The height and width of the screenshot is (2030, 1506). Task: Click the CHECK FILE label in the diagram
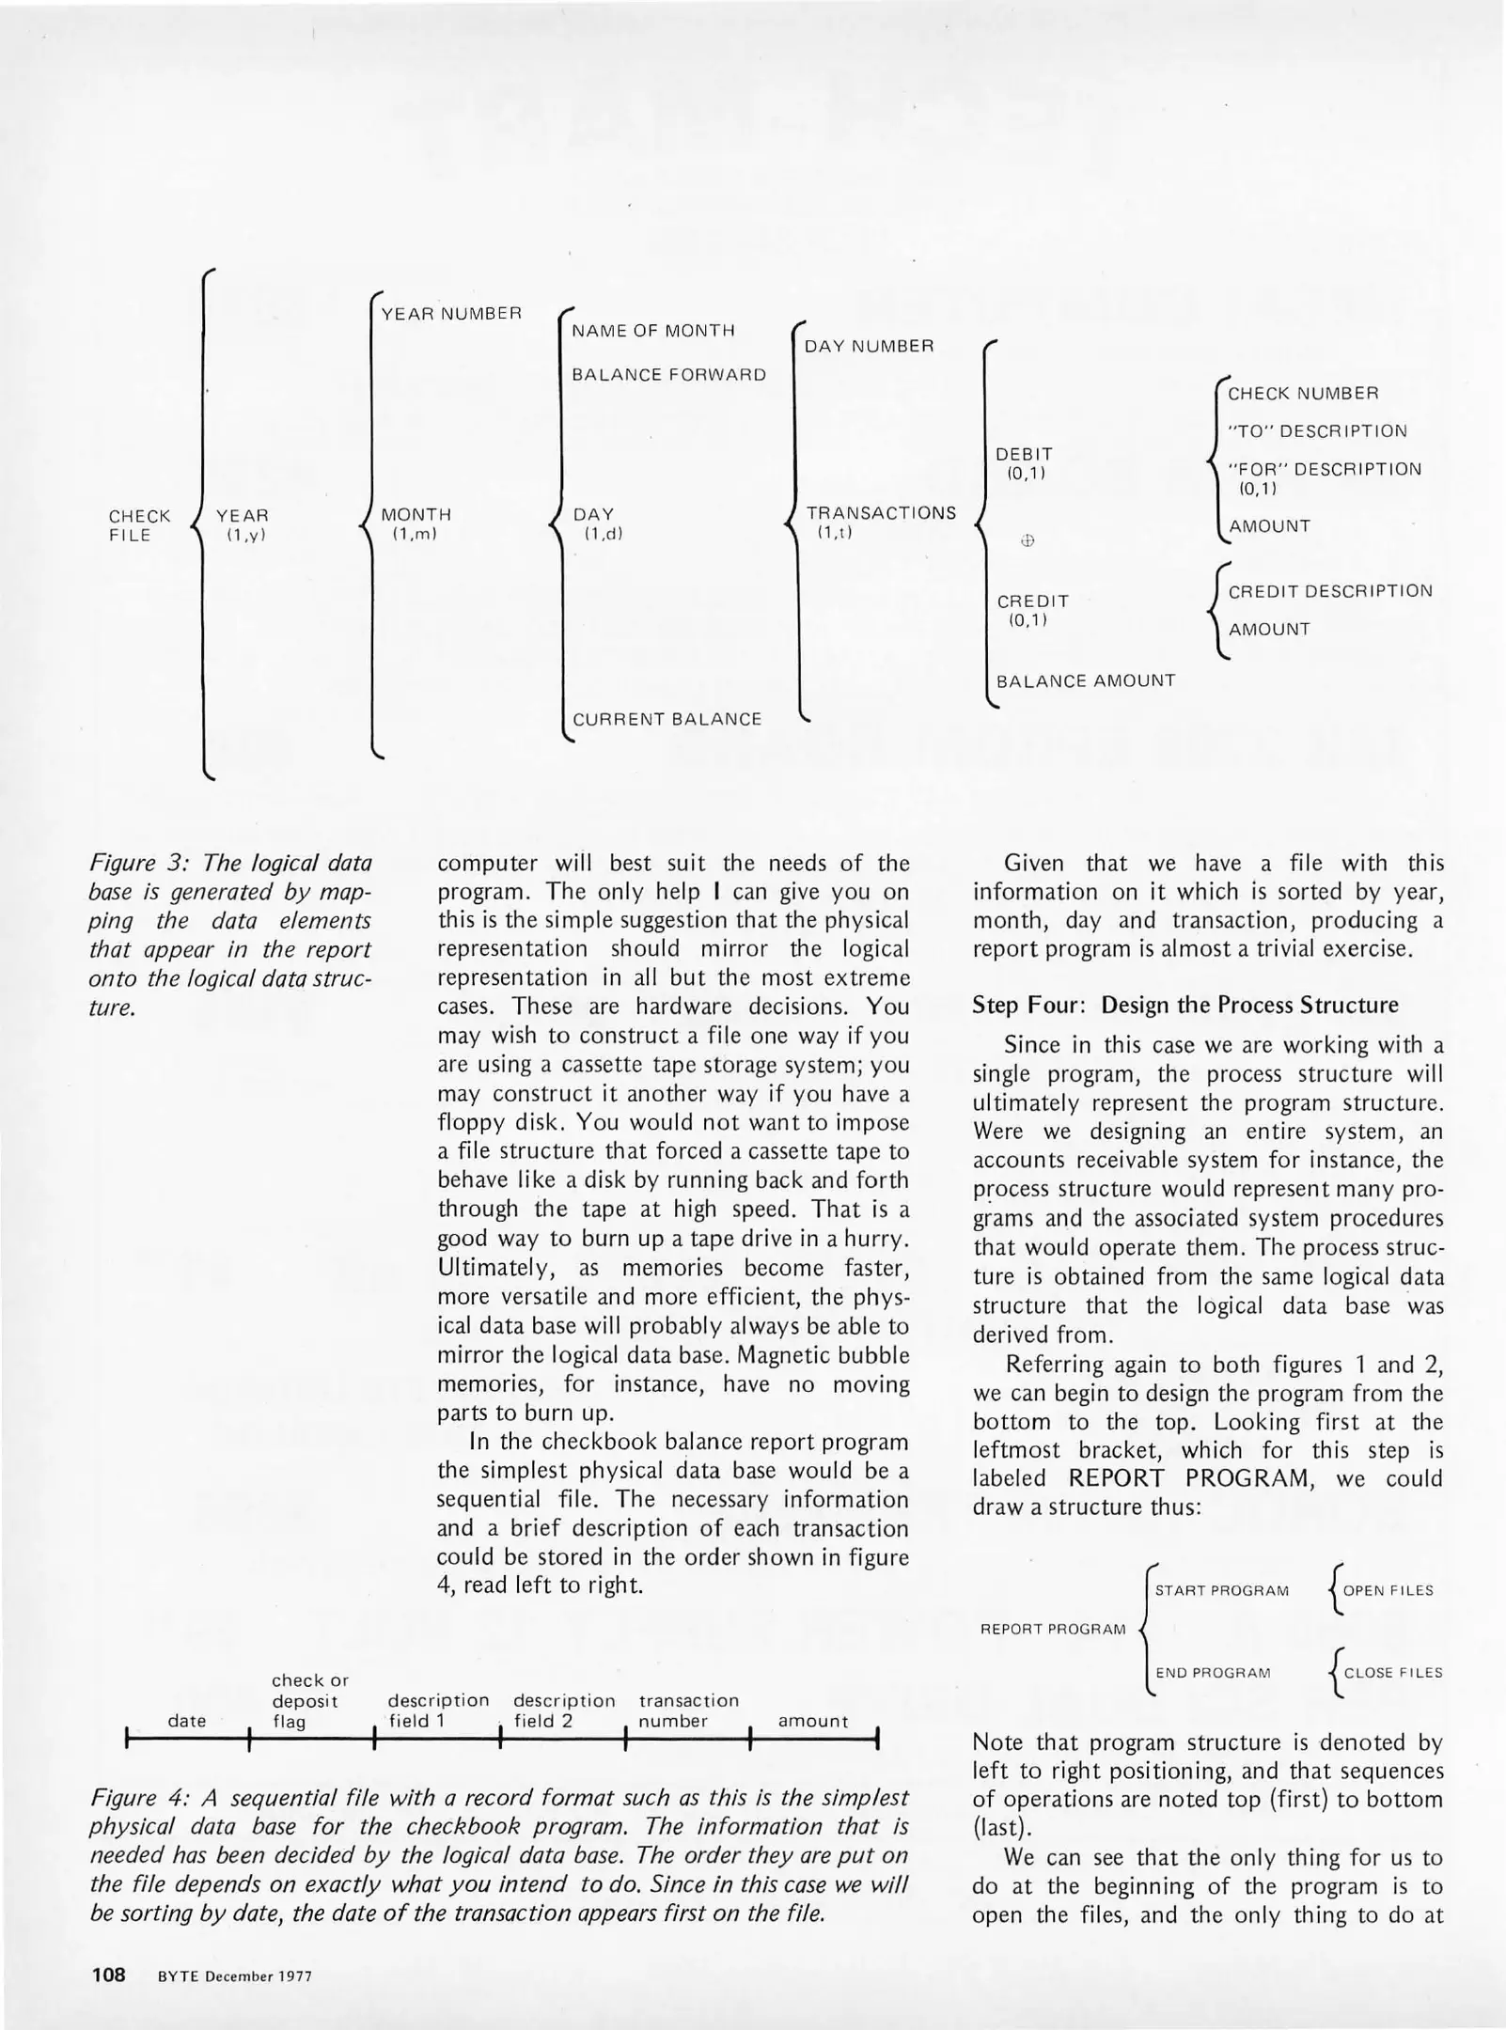[139, 526]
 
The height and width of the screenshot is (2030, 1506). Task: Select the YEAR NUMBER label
[451, 314]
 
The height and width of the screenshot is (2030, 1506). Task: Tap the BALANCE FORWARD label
[668, 375]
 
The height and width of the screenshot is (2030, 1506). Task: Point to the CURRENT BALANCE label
[667, 720]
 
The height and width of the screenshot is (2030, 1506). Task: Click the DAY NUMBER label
[870, 347]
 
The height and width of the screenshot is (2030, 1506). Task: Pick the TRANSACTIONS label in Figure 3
[881, 514]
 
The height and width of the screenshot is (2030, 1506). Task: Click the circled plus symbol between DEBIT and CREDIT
[1027, 540]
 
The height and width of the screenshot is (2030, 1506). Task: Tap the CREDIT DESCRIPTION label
[1330, 591]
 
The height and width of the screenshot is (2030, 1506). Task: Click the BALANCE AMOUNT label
[1086, 680]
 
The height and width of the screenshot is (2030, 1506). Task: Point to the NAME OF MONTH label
[653, 331]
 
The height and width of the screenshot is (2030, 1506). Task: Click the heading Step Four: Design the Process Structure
[1185, 1005]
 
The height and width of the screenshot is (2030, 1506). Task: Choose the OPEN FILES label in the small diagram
[1388, 1590]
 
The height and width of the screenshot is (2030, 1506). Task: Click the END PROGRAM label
[1213, 1673]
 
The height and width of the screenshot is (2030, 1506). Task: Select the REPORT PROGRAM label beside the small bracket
[1053, 1629]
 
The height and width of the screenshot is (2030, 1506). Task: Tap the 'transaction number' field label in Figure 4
[688, 1710]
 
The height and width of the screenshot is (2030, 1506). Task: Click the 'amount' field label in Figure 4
[813, 1721]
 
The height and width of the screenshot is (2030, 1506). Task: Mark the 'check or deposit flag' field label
[309, 1700]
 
